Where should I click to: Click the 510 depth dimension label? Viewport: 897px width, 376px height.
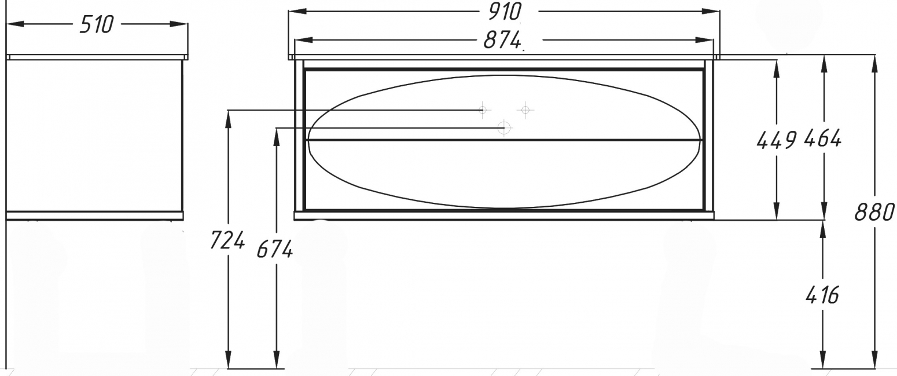click(x=97, y=24)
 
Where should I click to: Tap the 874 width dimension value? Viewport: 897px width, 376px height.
click(x=502, y=39)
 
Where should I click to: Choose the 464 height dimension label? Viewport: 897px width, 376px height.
click(x=823, y=138)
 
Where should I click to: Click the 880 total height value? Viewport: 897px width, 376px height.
click(x=874, y=212)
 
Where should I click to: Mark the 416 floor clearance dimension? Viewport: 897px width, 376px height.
click(x=822, y=295)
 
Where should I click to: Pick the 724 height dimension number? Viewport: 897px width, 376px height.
click(x=227, y=240)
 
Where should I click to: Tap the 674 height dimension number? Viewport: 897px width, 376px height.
click(x=275, y=249)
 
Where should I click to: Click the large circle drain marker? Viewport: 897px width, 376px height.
click(x=504, y=128)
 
